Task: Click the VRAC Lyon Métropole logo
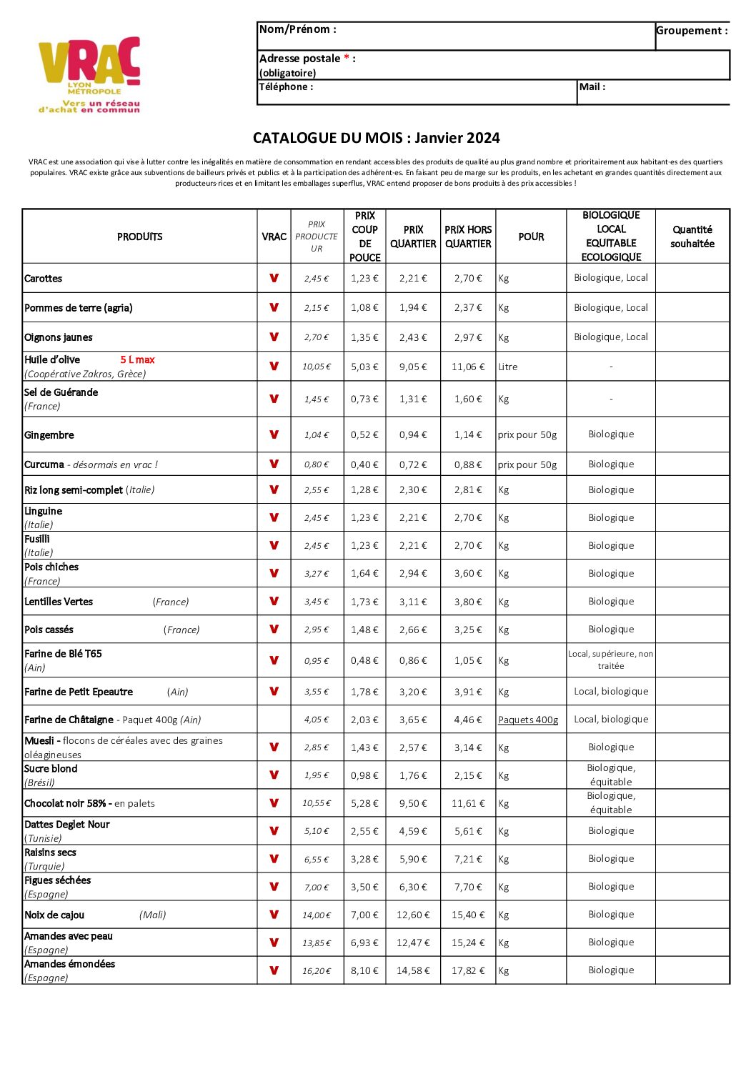(x=90, y=74)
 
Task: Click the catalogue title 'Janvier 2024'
(x=457, y=138)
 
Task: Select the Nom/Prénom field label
(x=297, y=29)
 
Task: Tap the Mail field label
(x=592, y=87)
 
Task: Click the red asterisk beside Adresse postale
(x=347, y=58)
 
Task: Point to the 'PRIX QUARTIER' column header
(x=413, y=237)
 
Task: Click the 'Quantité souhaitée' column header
(x=692, y=237)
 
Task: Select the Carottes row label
(x=44, y=279)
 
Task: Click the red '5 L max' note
(x=137, y=360)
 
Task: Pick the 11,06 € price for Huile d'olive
(x=468, y=367)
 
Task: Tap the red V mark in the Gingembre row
(x=274, y=434)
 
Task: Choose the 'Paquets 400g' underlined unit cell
(x=528, y=720)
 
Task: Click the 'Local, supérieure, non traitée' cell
(x=611, y=660)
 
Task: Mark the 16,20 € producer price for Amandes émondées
(x=317, y=971)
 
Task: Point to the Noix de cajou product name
(x=54, y=915)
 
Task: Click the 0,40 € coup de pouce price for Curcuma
(x=364, y=464)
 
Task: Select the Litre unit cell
(x=508, y=367)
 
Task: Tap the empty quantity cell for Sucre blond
(x=692, y=775)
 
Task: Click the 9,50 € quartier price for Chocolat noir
(x=413, y=803)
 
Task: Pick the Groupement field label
(x=692, y=31)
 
